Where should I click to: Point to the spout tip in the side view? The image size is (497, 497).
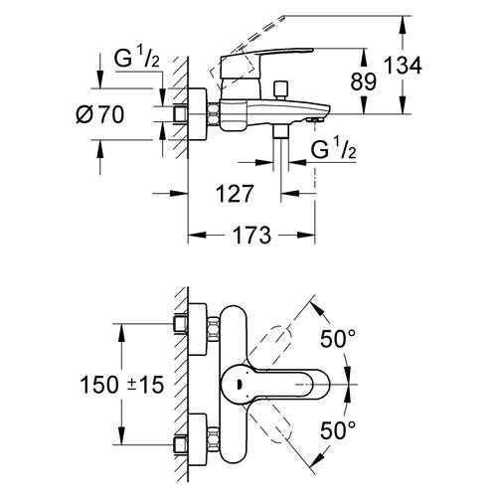tap(316, 115)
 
